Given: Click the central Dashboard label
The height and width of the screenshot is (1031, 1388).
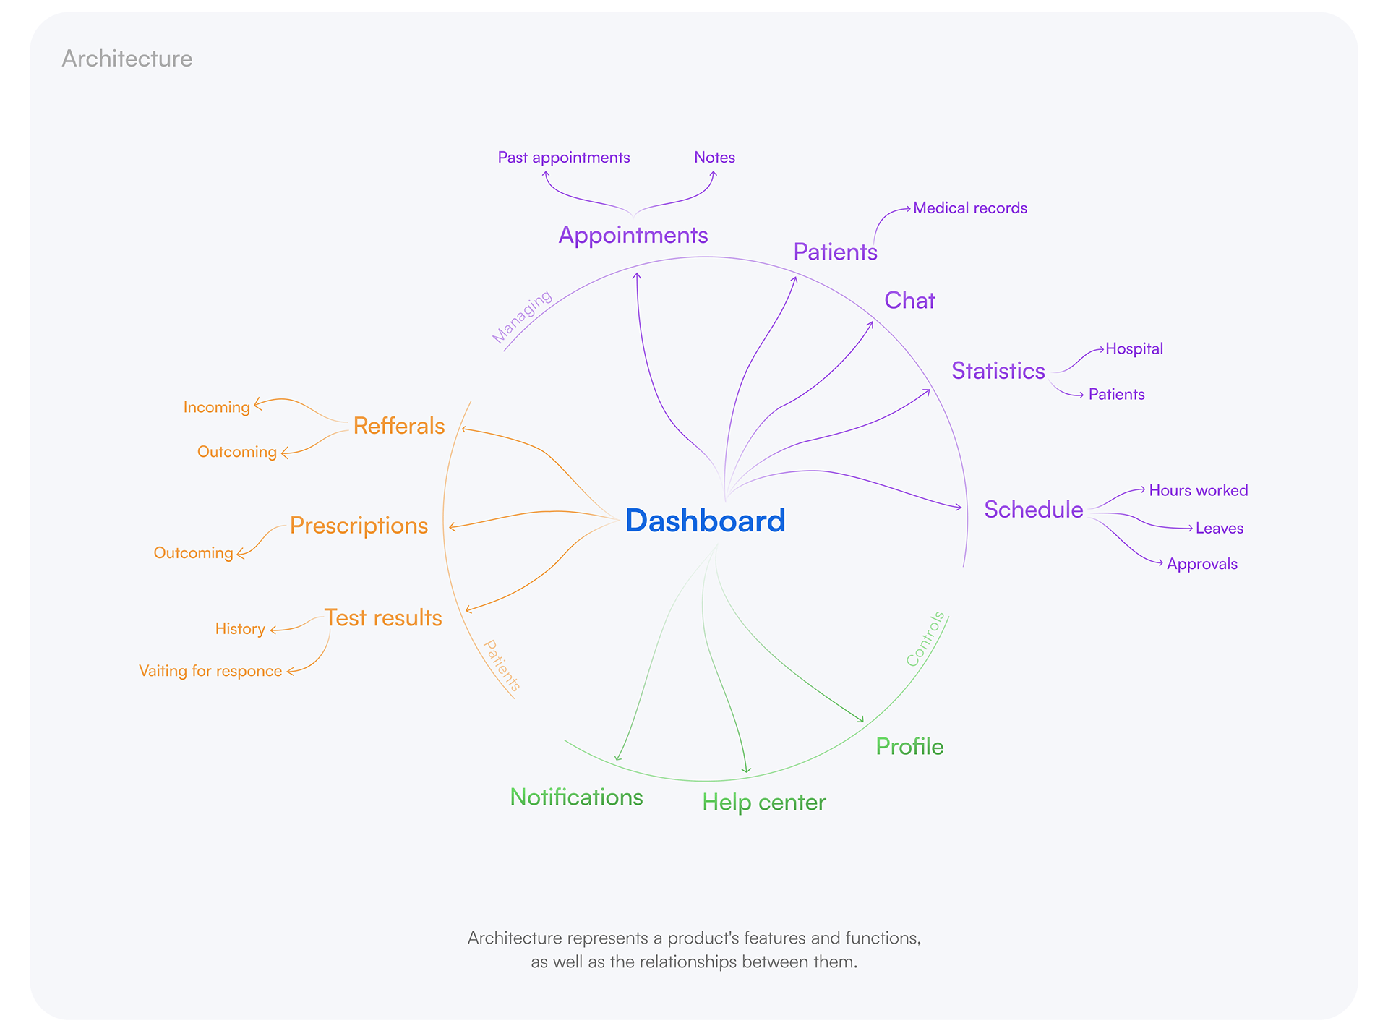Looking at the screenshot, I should pyautogui.click(x=705, y=521).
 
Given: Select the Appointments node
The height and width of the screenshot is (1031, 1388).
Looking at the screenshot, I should pyautogui.click(x=633, y=236).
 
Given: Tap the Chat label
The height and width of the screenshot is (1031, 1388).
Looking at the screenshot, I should pyautogui.click(x=909, y=300).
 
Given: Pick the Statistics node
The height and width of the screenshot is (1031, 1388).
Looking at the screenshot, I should pyautogui.click(x=998, y=371).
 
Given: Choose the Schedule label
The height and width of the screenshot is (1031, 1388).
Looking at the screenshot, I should pyautogui.click(x=1033, y=510).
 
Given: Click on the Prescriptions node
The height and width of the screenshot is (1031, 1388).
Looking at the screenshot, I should pyautogui.click(x=359, y=526).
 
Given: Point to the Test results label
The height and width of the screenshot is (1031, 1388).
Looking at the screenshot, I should pyautogui.click(x=382, y=618).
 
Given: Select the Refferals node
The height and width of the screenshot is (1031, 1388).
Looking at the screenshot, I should pyautogui.click(x=398, y=426).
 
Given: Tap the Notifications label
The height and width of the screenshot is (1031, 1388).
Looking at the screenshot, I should pyautogui.click(x=576, y=797).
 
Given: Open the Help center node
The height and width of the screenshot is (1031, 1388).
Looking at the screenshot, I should pyautogui.click(x=763, y=803).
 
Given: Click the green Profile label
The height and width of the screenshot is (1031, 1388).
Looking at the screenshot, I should pyautogui.click(x=909, y=747).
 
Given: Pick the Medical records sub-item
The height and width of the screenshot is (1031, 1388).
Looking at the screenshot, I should pyautogui.click(x=970, y=208).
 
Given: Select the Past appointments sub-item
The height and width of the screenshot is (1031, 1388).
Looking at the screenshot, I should pyautogui.click(x=564, y=158).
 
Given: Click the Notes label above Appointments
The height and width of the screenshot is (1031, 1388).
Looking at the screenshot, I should pyautogui.click(x=714, y=158).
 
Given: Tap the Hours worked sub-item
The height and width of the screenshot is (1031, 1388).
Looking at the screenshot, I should pyautogui.click(x=1198, y=490).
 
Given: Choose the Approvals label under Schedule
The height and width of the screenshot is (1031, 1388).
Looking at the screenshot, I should pyautogui.click(x=1201, y=564).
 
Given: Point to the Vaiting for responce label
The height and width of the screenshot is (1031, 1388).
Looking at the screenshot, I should pyautogui.click(x=210, y=671).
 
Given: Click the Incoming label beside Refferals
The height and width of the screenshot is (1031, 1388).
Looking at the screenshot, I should pyautogui.click(x=216, y=407).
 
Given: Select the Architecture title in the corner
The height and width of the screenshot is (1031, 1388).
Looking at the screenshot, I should pyautogui.click(x=127, y=59).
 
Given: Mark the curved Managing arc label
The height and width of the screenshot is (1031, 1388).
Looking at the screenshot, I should pyautogui.click(x=522, y=317).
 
